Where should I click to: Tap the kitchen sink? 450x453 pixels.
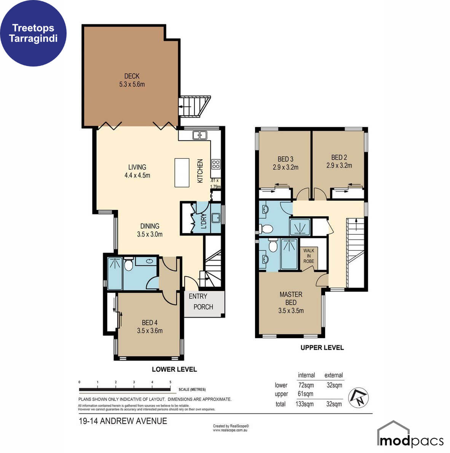[x=200, y=135]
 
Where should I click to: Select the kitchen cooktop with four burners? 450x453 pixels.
[x=216, y=164]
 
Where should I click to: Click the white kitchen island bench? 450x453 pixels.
[x=182, y=172]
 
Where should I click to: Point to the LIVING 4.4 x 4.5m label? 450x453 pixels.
[x=137, y=171]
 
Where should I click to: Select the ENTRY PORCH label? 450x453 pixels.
[x=201, y=302]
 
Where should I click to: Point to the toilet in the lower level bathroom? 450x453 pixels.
[x=128, y=264]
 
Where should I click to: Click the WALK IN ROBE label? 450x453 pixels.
[x=309, y=256]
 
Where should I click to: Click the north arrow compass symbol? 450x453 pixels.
[x=358, y=398]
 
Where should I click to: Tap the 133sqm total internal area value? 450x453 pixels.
[x=305, y=404]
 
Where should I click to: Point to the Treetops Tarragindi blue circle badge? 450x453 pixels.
[x=33, y=33]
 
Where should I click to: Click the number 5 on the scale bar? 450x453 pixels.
[x=170, y=382]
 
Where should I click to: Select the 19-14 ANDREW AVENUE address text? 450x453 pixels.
[x=123, y=421]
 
